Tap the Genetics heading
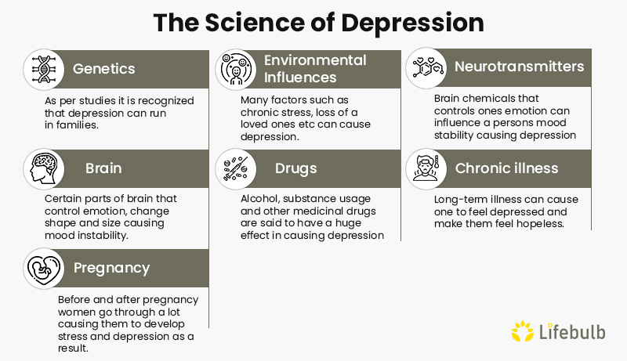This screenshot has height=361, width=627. pyautogui.click(x=105, y=69)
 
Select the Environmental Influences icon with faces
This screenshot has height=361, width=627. pyautogui.click(x=236, y=69)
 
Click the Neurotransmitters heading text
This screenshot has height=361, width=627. pyautogui.click(x=519, y=67)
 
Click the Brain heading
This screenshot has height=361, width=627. pyautogui.click(x=103, y=168)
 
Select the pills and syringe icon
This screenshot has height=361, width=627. pyautogui.click(x=236, y=168)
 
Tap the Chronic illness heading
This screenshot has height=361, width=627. pyautogui.click(x=506, y=168)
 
